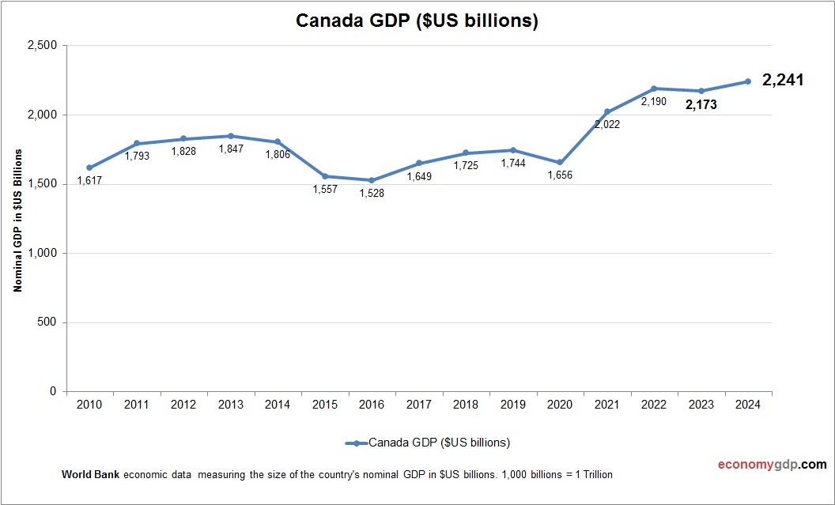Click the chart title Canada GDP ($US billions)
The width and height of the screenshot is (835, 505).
tap(417, 21)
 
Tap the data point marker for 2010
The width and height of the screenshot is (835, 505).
tap(89, 168)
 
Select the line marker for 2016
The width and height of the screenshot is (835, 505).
tap(372, 180)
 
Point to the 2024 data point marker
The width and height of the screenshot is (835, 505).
tap(747, 81)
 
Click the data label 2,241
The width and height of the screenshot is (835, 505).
tap(783, 80)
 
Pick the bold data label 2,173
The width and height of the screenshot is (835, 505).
tap(701, 104)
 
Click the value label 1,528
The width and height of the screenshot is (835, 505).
tap(371, 194)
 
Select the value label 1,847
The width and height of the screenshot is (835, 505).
tap(230, 149)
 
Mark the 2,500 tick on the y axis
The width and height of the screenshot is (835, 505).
tap(41, 46)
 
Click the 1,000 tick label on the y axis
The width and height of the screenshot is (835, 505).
tap(41, 254)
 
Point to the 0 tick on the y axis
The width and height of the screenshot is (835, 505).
tap(52, 392)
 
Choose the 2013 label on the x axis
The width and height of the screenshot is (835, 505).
tap(231, 405)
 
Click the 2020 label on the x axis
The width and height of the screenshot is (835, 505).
tap(560, 405)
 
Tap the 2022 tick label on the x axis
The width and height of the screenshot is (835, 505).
tap(654, 405)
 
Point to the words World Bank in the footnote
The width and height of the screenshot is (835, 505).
tap(91, 475)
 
